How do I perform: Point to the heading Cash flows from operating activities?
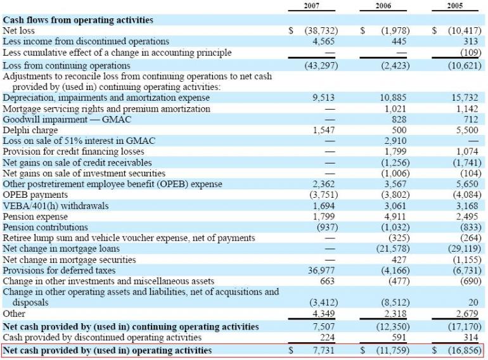[78, 20]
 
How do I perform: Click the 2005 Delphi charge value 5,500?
[468, 130]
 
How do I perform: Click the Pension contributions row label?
[45, 227]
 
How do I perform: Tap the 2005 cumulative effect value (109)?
[469, 53]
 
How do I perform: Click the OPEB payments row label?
[32, 195]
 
